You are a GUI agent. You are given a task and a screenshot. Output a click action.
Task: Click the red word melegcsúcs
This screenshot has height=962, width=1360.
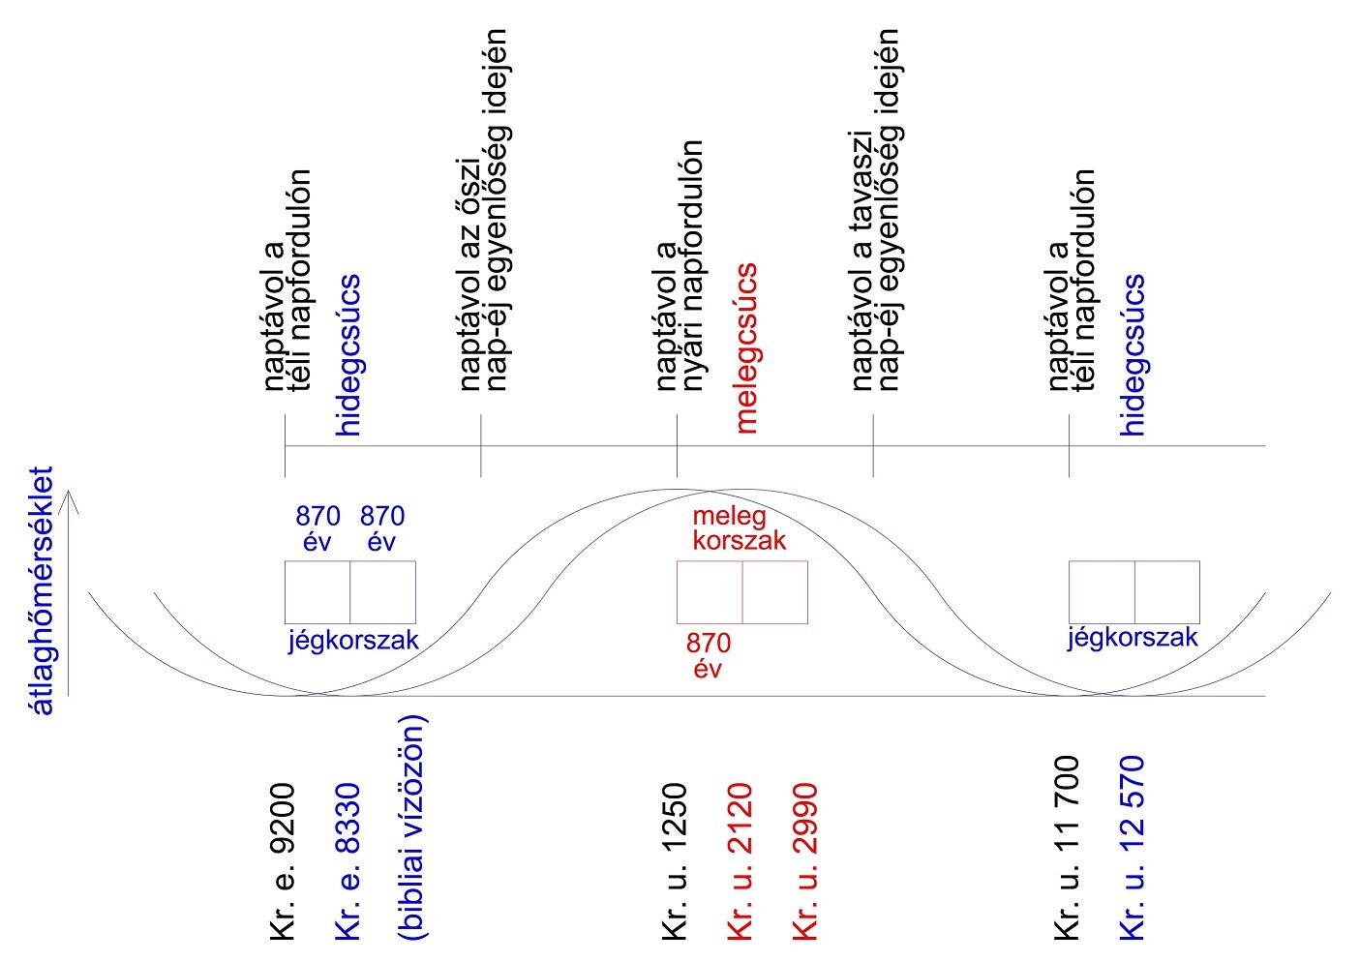click(x=746, y=347)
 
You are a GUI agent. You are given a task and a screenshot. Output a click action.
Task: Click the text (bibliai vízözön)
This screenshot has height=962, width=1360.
click(x=413, y=827)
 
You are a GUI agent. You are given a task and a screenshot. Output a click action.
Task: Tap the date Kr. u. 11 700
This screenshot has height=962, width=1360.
click(x=1067, y=848)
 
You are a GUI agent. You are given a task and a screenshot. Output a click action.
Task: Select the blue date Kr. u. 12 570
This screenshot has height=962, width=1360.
click(x=1133, y=848)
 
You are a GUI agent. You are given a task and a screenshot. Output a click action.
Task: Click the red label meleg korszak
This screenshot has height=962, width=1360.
click(x=738, y=528)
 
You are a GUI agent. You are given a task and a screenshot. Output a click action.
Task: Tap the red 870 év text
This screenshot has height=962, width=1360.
click(x=709, y=655)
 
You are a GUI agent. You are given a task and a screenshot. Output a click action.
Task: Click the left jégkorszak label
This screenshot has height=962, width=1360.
click(x=353, y=640)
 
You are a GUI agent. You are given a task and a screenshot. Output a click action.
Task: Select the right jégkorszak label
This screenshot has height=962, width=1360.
click(x=1133, y=638)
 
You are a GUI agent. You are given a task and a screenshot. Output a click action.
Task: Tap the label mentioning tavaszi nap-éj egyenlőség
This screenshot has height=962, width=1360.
click(x=875, y=208)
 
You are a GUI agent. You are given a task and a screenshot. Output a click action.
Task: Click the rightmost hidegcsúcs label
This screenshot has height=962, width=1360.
click(x=1133, y=355)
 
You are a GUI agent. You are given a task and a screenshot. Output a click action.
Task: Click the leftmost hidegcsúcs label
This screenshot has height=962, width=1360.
click(x=349, y=355)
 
